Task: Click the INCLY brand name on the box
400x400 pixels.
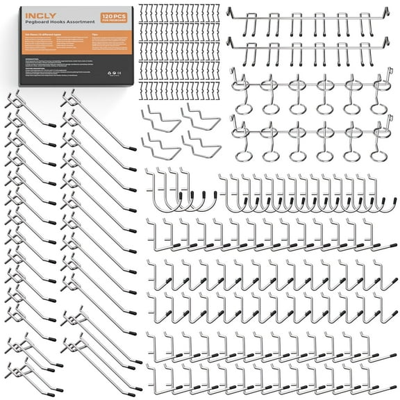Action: (x=36, y=12)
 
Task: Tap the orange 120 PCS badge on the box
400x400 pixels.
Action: (x=115, y=15)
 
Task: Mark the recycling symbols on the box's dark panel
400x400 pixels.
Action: (x=114, y=92)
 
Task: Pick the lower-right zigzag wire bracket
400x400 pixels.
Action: (x=202, y=145)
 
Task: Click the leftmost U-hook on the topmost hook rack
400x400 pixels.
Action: (x=238, y=24)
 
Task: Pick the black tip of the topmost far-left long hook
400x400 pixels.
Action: (x=53, y=125)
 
